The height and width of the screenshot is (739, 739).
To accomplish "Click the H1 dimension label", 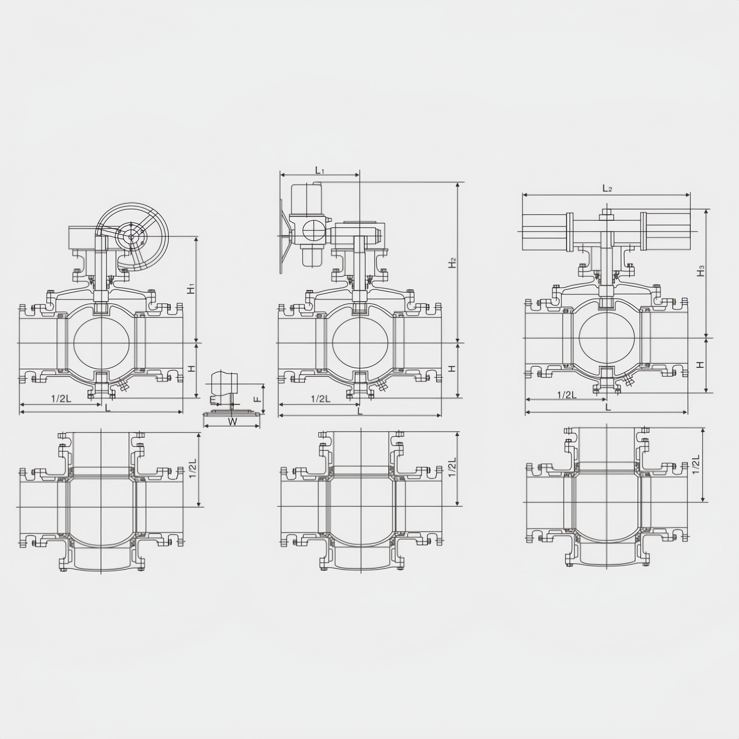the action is [191, 288].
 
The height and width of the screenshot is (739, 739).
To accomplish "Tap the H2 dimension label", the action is [453, 263].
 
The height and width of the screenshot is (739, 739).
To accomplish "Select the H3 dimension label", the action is [701, 271].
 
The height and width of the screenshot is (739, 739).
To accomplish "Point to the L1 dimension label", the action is [320, 170].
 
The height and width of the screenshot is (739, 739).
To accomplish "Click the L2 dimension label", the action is [607, 188].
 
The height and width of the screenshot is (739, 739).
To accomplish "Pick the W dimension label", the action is [232, 421].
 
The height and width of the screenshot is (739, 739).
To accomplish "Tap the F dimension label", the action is [258, 399].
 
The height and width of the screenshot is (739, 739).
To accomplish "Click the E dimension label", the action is [212, 399].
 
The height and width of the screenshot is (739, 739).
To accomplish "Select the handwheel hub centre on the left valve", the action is [131, 237].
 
